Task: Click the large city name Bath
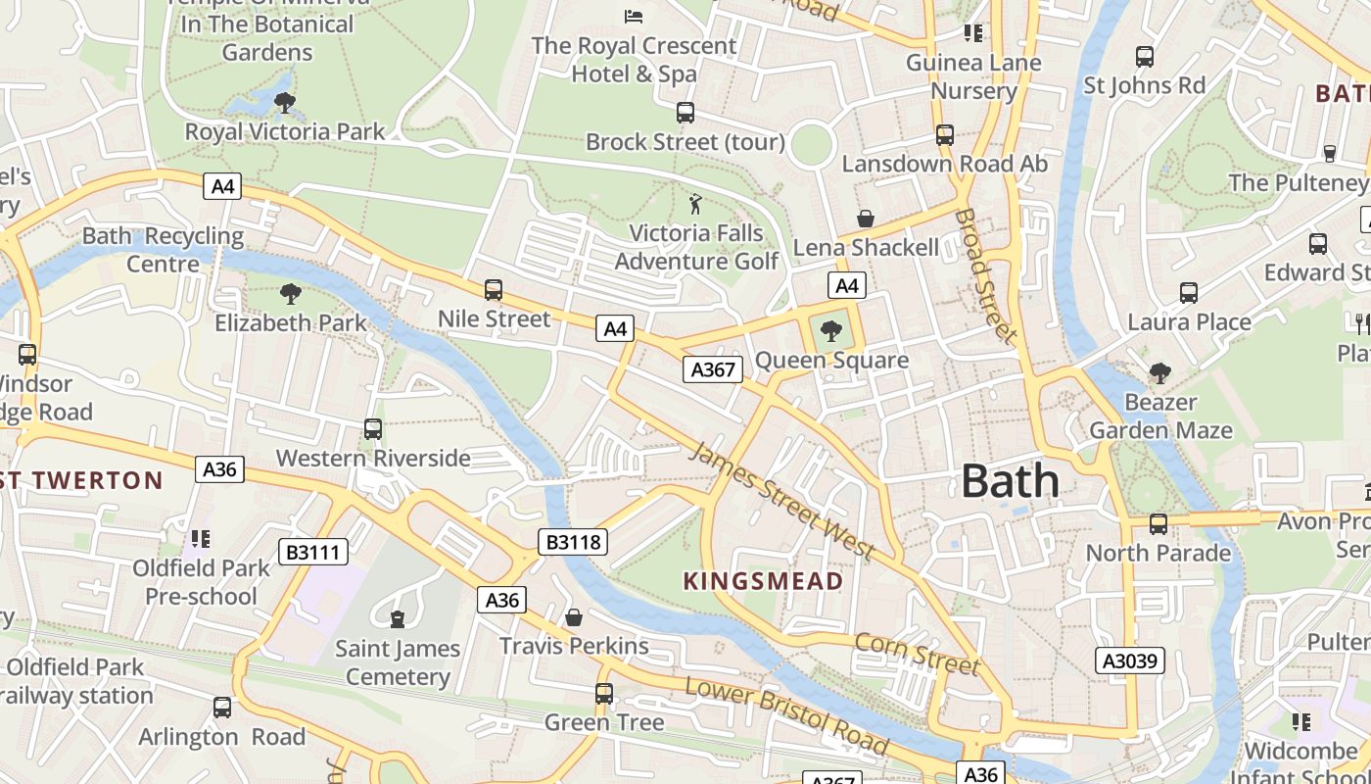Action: (x=1010, y=481)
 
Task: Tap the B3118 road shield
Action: (x=573, y=542)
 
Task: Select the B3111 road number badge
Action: (x=313, y=553)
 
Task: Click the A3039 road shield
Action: (x=1129, y=661)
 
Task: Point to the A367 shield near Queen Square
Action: (x=712, y=369)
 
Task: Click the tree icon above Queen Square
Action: (x=831, y=331)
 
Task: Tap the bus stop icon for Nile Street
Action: (x=494, y=290)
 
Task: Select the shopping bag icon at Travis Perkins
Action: (x=574, y=617)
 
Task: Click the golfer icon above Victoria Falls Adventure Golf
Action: (x=696, y=204)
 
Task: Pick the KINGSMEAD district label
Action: (x=763, y=581)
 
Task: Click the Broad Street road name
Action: (x=986, y=276)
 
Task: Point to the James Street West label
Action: (x=782, y=501)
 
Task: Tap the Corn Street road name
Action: (x=917, y=654)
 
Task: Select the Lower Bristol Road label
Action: (x=786, y=715)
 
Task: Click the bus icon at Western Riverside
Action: (x=373, y=429)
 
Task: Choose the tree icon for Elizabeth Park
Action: (x=290, y=293)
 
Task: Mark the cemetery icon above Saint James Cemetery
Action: (x=398, y=619)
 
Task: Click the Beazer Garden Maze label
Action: (x=1160, y=416)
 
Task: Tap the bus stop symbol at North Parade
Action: (x=1158, y=524)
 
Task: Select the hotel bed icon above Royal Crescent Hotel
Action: (x=634, y=17)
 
